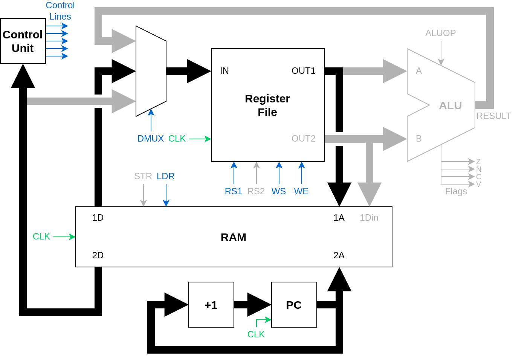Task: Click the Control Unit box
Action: [23, 41]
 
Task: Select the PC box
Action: [294, 305]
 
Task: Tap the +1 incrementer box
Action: [211, 305]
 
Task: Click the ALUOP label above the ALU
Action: [440, 33]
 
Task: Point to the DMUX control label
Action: [150, 139]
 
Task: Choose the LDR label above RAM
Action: [166, 176]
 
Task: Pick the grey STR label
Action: [143, 176]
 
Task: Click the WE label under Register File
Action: [301, 191]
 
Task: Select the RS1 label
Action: [234, 191]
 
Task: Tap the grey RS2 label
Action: [256, 191]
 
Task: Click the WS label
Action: [279, 191]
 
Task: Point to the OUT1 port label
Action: [304, 71]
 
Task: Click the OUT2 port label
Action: [304, 139]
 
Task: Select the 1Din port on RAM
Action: [369, 218]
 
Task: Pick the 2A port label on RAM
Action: [339, 255]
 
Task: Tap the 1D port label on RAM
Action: [98, 218]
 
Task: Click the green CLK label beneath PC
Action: [256, 334]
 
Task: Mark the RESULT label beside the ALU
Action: [494, 116]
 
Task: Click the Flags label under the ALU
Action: [456, 191]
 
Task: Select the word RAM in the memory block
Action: [234, 237]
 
